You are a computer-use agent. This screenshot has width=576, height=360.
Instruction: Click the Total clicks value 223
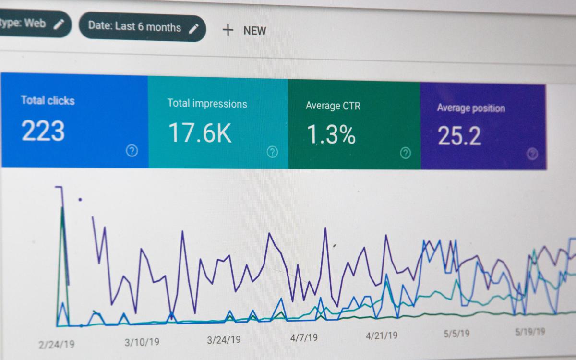pyautogui.click(x=43, y=131)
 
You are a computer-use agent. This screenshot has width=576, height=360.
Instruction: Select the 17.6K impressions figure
pyautogui.click(x=200, y=133)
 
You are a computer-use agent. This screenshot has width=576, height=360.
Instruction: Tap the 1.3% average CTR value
pyautogui.click(x=331, y=135)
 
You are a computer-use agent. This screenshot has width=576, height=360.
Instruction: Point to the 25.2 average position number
pyautogui.click(x=459, y=136)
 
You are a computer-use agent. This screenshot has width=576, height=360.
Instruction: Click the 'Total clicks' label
pyautogui.click(x=48, y=100)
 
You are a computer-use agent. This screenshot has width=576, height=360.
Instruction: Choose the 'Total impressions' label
pyautogui.click(x=207, y=103)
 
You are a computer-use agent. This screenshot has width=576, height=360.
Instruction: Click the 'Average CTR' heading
pyautogui.click(x=333, y=106)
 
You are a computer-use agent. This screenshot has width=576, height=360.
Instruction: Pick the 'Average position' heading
pyautogui.click(x=471, y=108)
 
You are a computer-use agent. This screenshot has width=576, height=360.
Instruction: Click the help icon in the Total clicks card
pyautogui.click(x=132, y=151)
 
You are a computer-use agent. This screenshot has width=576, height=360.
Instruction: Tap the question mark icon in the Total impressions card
pyautogui.click(x=272, y=152)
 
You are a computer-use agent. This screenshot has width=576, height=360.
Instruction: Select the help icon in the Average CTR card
pyautogui.click(x=406, y=153)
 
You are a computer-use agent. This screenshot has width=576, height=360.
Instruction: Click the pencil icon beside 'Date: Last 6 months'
pyautogui.click(x=193, y=28)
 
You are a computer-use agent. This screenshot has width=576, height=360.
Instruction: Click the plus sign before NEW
pyautogui.click(x=228, y=30)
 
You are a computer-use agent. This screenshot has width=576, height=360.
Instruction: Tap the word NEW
pyautogui.click(x=254, y=31)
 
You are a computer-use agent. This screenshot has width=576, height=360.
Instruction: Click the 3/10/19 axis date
pyautogui.click(x=142, y=342)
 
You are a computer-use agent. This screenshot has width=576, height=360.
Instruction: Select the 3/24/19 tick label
pyautogui.click(x=224, y=340)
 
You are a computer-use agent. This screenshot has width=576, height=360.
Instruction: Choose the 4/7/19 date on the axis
pyautogui.click(x=304, y=337)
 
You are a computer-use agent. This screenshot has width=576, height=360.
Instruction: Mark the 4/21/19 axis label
pyautogui.click(x=381, y=335)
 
